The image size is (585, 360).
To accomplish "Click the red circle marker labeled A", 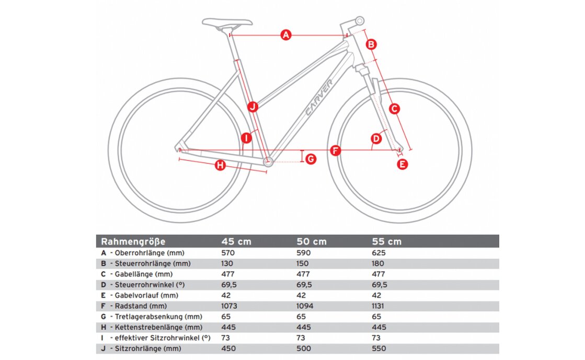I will (285, 36).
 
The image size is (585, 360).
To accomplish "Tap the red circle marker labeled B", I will (370, 44).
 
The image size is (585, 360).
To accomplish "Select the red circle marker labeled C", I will (395, 109).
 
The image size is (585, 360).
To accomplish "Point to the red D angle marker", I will (376, 138).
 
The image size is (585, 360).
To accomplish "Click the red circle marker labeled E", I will (403, 164).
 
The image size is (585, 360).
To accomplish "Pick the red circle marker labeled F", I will (336, 151).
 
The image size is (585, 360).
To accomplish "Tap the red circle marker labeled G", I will (311, 158).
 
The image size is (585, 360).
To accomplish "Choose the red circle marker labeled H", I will (220, 166).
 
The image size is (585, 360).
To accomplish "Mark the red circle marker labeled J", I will (252, 107).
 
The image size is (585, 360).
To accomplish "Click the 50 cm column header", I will (312, 241).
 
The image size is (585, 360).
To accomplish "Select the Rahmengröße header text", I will (133, 241).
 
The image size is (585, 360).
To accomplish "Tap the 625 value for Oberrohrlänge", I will (379, 252).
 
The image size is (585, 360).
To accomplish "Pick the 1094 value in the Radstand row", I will (305, 306).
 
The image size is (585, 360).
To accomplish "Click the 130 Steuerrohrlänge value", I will (228, 263).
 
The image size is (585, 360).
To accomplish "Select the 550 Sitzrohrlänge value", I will (379, 349).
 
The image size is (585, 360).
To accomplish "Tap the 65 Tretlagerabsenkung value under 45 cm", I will (226, 317).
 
